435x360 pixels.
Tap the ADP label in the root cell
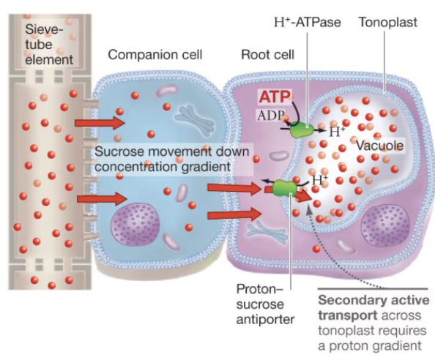271,116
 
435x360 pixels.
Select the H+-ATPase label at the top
308,22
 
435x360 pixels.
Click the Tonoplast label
388,22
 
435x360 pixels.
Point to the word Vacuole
379,146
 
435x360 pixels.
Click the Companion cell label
155,55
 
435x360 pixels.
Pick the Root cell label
268,55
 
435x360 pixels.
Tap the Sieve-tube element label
49,45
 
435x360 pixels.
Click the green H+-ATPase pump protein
302,130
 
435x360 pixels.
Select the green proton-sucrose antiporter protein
284,188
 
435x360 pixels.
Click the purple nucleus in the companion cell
135,225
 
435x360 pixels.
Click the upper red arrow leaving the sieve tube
100,122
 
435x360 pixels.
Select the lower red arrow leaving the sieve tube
102,199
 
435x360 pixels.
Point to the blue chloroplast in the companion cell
195,120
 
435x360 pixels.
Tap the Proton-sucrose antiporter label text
265,304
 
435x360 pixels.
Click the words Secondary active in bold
373,300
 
